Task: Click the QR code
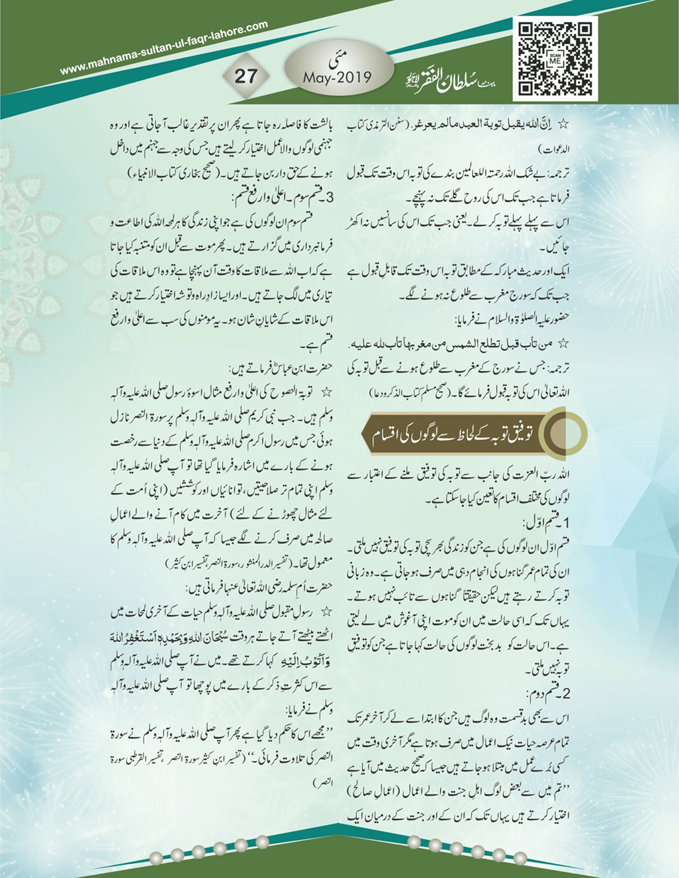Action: (555, 59)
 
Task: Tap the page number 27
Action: (246, 75)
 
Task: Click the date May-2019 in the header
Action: (337, 77)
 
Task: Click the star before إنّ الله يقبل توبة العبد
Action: (564, 124)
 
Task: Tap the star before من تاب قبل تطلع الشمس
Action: (564, 344)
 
